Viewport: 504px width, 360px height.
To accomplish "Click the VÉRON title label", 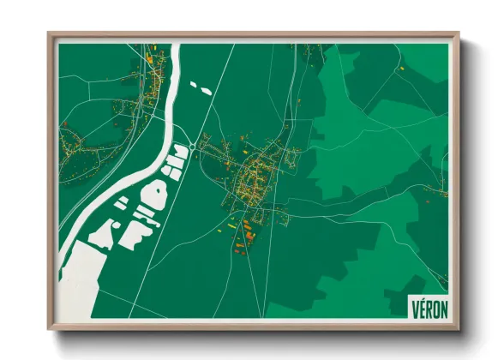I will (x=427, y=308).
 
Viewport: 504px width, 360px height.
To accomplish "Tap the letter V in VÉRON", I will (x=415, y=308).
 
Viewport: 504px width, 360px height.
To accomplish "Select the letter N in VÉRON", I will (x=441, y=308).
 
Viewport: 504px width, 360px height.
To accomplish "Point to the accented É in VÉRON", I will (x=421, y=308).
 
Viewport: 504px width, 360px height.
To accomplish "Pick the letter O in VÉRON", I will (x=434, y=308).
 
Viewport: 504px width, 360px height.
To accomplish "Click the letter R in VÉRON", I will (x=427, y=308).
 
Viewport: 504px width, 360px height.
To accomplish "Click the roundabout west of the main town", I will (x=204, y=145).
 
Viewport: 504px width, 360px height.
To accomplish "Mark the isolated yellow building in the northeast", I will (x=400, y=67).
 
